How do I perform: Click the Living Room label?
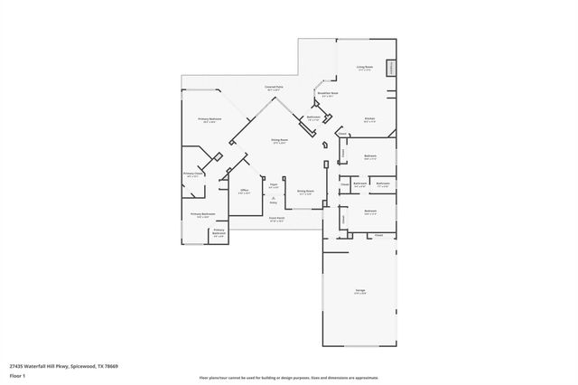click(x=365, y=68)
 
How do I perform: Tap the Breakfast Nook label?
click(x=327, y=94)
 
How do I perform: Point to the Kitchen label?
click(x=369, y=119)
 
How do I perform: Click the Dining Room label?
click(x=279, y=141)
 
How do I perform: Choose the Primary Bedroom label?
click(x=209, y=120)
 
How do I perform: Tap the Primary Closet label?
click(x=191, y=174)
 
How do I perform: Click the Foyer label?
click(x=273, y=185)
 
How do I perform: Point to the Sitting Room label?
click(x=305, y=192)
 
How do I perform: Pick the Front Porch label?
click(x=276, y=220)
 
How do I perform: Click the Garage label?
click(x=359, y=291)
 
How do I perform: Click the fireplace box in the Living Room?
click(x=391, y=69)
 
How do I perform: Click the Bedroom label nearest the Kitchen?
click(x=370, y=156)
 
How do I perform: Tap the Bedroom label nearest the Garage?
click(x=370, y=212)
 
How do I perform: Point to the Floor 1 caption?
click(x=18, y=375)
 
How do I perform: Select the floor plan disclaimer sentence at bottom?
click(x=289, y=375)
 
